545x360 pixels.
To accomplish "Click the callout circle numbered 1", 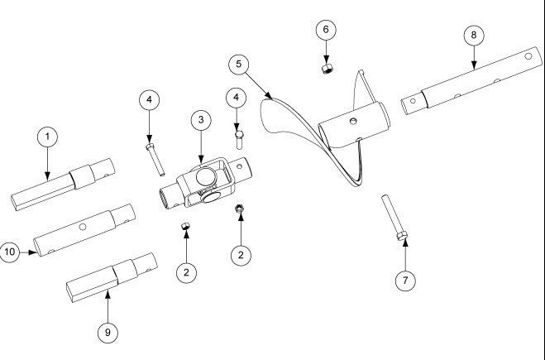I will tap(47, 137).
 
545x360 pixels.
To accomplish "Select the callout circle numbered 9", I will tap(106, 332).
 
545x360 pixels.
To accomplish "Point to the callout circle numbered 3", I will tap(200, 120).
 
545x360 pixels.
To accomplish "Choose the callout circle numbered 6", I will tap(326, 29).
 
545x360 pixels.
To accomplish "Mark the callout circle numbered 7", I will tap(404, 281).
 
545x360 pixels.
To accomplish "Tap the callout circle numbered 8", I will tap(473, 36).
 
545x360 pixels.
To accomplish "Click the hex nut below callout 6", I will tap(327, 67).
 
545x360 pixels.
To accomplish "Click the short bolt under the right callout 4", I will tap(239, 135).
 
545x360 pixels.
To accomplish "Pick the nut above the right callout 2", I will tap(239, 209).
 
